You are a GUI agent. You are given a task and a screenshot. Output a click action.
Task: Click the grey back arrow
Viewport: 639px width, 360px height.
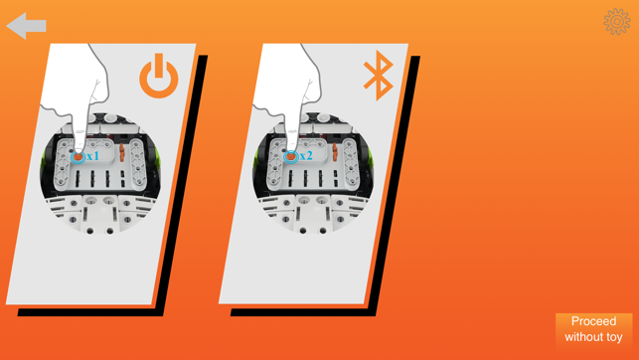[x=26, y=26]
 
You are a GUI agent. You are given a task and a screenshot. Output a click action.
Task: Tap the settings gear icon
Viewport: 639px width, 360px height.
[x=616, y=22]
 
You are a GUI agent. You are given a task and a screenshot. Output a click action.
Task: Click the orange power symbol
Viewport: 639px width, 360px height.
[x=159, y=77]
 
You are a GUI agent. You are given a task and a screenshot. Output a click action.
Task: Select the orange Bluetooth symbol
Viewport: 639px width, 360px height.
[x=379, y=76]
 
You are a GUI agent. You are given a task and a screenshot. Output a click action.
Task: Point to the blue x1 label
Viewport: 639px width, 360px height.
[x=92, y=156]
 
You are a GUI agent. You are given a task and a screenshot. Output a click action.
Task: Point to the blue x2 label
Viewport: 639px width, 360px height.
[x=306, y=156]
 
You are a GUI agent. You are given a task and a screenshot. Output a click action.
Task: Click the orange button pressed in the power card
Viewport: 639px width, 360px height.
[x=78, y=157]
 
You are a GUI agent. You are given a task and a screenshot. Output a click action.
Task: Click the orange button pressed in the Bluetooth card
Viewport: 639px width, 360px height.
[x=290, y=157]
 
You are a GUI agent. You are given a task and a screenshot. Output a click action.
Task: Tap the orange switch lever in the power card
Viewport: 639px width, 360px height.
[x=121, y=152]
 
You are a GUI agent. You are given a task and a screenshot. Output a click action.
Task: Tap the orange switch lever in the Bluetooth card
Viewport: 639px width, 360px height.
[x=335, y=152]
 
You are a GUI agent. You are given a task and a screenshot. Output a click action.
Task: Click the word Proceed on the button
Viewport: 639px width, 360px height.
[x=593, y=321]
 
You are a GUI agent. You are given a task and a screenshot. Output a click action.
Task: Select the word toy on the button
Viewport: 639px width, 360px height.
[x=614, y=337]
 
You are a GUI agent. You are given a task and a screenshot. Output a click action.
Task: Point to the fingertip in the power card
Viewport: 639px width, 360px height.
[x=79, y=147]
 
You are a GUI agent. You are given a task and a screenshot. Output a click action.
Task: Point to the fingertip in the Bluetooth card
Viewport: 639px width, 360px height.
[x=291, y=147]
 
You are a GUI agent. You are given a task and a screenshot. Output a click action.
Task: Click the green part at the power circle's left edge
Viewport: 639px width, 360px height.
[x=43, y=160]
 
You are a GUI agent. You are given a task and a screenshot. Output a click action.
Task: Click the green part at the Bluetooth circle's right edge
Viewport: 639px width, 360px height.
[x=371, y=159]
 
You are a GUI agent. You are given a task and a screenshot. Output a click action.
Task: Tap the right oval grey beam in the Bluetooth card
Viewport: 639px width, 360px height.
[x=351, y=164]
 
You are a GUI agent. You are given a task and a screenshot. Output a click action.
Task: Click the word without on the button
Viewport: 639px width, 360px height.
[x=583, y=337]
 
